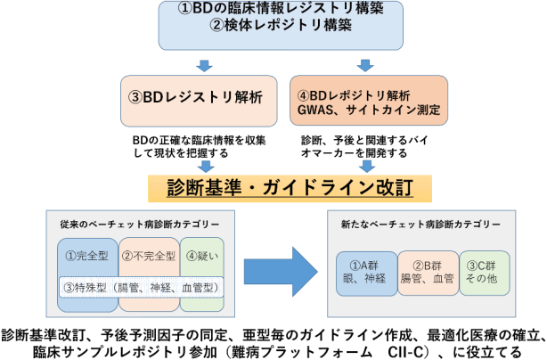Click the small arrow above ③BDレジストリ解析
click(x=205, y=64)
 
